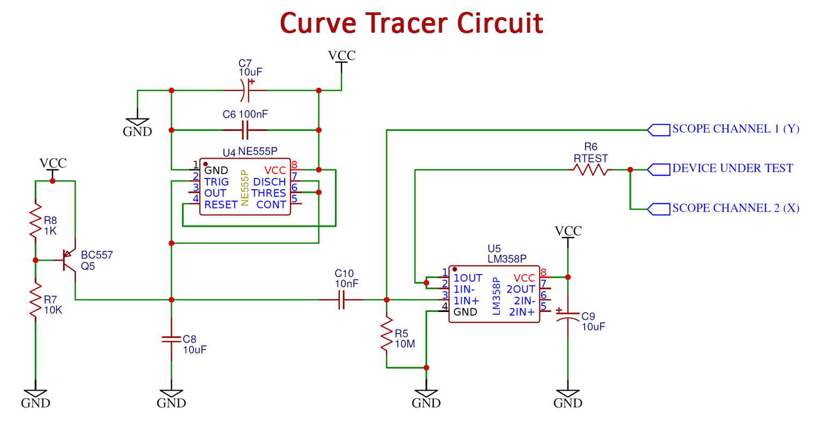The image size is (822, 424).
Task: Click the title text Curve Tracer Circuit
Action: tap(411, 24)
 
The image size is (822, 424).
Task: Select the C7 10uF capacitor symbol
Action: tap(245, 90)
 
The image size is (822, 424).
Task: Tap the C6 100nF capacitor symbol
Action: tap(245, 130)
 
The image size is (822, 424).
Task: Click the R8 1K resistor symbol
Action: tap(35, 220)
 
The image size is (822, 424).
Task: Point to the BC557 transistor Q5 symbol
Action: tap(69, 261)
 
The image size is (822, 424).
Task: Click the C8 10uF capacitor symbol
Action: tap(171, 339)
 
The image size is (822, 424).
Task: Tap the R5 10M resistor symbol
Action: tap(386, 335)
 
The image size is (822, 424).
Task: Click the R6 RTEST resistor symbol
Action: tap(590, 170)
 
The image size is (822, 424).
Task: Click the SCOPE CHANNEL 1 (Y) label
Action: tap(735, 129)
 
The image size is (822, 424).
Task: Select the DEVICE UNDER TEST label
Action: tap(732, 169)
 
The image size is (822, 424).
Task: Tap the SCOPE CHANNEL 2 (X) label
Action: tap(735, 209)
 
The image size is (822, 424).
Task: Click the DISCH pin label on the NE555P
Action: tap(269, 182)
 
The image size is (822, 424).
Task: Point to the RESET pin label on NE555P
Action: tap(221, 205)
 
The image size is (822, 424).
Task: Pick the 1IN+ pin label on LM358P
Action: tap(466, 301)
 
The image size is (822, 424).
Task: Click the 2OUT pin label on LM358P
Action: tap(520, 289)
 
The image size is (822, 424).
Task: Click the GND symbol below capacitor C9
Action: tap(568, 399)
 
